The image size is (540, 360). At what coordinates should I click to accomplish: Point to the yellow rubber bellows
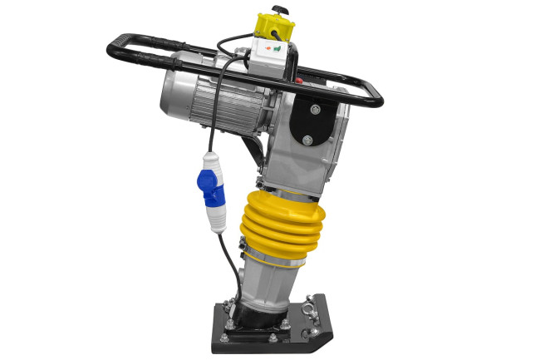tap(282, 224)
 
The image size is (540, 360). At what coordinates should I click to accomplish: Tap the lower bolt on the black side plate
tap(309, 140)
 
